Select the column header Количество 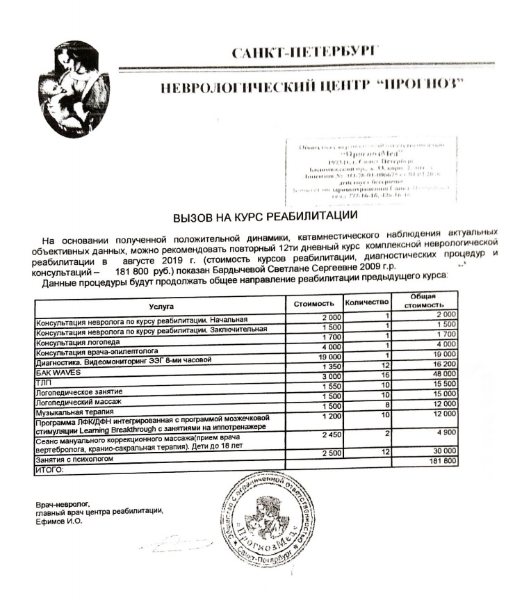(x=366, y=304)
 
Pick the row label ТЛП (x=42, y=382)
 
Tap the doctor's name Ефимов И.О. (x=59, y=520)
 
